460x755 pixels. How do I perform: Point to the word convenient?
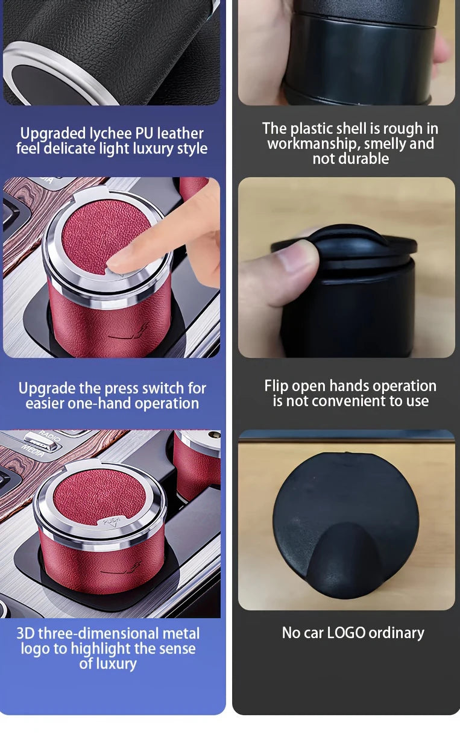pos(353,401)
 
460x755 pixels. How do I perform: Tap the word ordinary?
pos(396,633)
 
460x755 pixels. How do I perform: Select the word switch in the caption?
pos(159,388)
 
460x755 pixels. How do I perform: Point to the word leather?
pos(181,133)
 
